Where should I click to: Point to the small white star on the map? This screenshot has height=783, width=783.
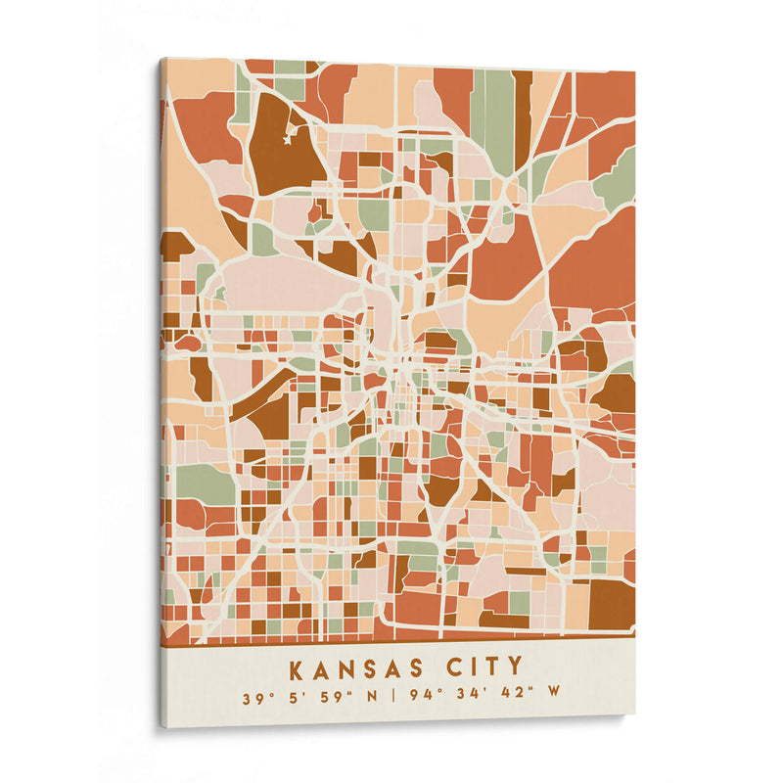tap(288, 140)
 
